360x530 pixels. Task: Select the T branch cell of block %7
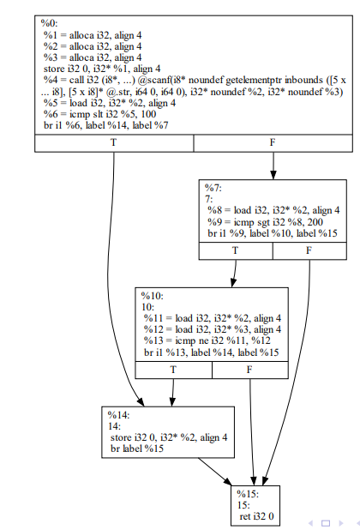pyautogui.click(x=236, y=250)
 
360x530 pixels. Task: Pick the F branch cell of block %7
pyautogui.click(x=309, y=250)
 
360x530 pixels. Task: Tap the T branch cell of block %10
pyautogui.click(x=173, y=369)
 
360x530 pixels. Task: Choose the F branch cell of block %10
pyautogui.click(x=249, y=369)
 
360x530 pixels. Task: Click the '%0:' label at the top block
pyautogui.click(x=50, y=21)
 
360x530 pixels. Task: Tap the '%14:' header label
pyautogui.click(x=117, y=415)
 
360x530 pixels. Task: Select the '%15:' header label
pyautogui.click(x=248, y=494)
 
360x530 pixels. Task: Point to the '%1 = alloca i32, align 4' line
pyautogui.click(x=93, y=33)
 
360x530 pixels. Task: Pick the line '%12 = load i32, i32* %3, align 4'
pyautogui.click(x=212, y=328)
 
